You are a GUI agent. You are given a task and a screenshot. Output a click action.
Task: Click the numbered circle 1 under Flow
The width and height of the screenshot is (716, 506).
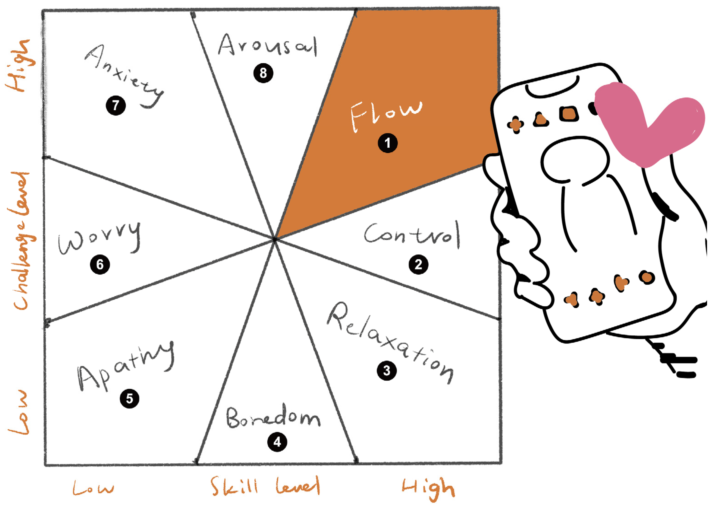tap(388, 143)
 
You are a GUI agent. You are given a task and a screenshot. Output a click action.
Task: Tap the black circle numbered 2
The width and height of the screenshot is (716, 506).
tap(418, 265)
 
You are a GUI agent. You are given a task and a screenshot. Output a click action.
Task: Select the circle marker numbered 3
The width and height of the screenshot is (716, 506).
tap(387, 371)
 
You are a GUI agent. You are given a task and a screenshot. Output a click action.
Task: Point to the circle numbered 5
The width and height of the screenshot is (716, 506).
tap(129, 398)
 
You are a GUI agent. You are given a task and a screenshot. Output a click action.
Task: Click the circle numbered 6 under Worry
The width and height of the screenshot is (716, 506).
tap(100, 265)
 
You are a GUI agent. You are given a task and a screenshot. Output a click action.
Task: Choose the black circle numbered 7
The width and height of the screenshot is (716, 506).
tap(116, 105)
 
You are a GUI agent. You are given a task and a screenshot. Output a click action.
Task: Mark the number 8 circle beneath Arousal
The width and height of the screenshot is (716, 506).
tap(263, 73)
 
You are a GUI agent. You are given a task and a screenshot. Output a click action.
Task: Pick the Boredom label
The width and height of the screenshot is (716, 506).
tap(273, 417)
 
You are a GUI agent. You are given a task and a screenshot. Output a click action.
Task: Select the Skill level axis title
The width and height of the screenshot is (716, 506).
tap(265, 486)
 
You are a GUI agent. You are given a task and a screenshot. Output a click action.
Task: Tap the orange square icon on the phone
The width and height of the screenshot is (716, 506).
tap(568, 114)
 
